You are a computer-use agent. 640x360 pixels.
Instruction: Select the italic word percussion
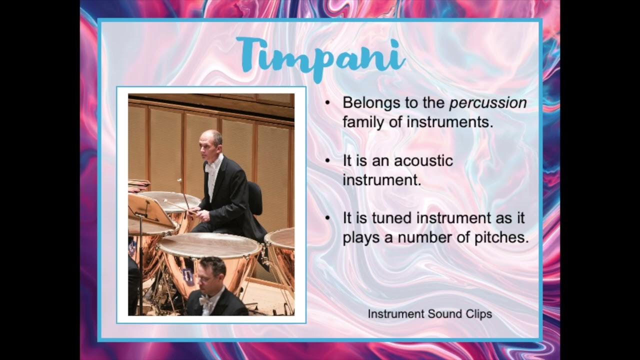pos(488,103)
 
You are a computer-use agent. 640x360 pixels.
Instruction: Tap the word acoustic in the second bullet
pos(423,161)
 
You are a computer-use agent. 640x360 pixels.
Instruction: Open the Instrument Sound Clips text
pos(429,314)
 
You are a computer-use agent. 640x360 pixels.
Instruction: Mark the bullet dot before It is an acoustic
pos(327,161)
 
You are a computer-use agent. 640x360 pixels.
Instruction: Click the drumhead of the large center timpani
pos(210,245)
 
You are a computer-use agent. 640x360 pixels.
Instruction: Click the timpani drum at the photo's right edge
pos(282,255)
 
